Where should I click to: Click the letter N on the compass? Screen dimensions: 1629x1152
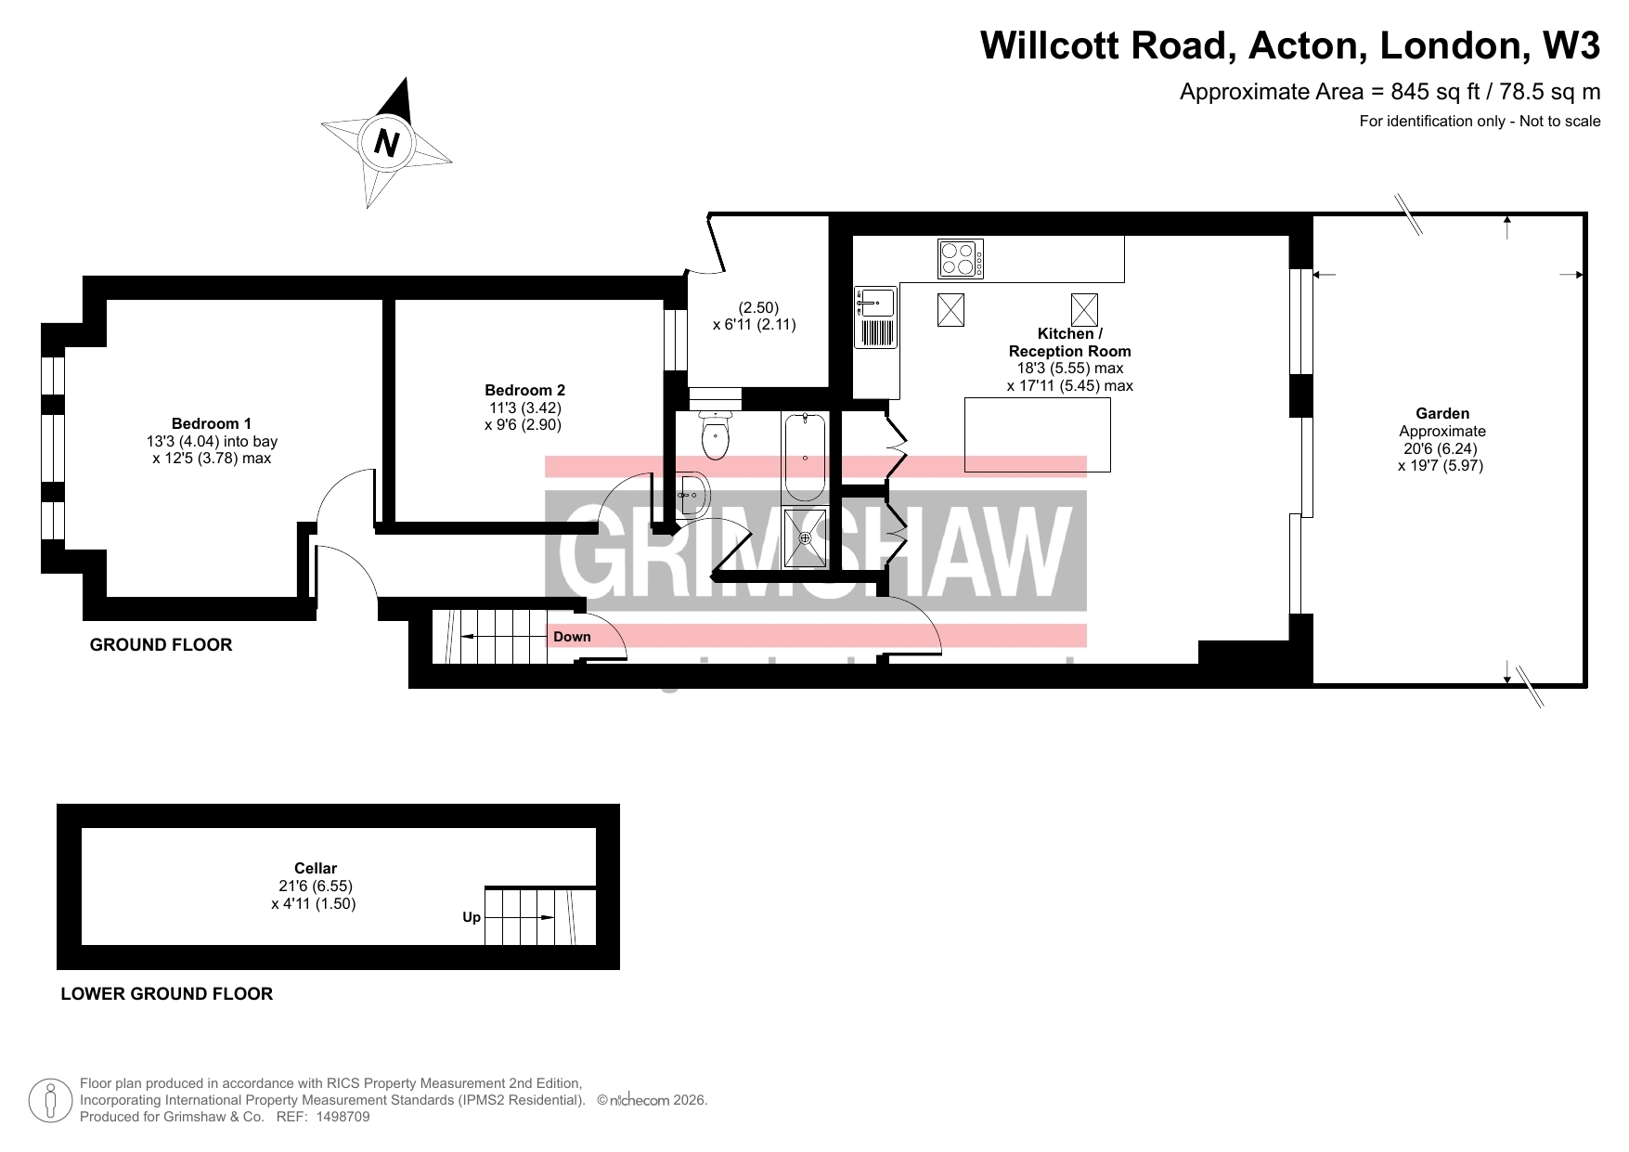(x=387, y=144)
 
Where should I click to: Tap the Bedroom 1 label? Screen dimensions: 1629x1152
(x=212, y=423)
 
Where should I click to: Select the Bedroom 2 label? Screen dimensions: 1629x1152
(x=524, y=390)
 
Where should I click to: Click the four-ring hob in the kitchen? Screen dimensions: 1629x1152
(x=961, y=259)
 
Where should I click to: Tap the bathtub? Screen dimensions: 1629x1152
(x=805, y=459)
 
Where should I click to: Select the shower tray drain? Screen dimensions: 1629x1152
(x=805, y=537)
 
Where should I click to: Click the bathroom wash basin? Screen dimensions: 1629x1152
(x=694, y=495)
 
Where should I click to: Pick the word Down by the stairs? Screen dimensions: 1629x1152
(x=572, y=637)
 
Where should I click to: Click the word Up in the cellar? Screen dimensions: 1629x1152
(x=472, y=917)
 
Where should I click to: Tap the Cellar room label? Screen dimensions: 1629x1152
(x=316, y=869)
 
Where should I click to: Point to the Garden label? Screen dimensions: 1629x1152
(x=1442, y=413)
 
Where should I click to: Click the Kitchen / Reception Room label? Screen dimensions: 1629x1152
(x=1070, y=342)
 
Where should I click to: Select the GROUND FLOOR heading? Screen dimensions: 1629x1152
(x=161, y=644)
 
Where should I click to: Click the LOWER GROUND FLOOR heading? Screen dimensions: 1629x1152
(x=166, y=993)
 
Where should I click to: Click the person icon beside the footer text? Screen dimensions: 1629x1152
(x=50, y=1100)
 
